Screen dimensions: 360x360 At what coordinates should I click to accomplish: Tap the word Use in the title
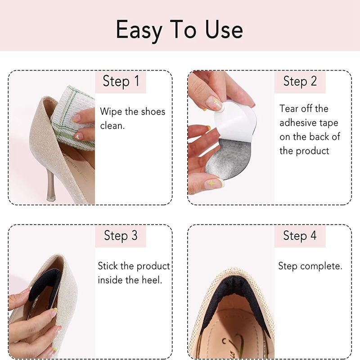(224, 29)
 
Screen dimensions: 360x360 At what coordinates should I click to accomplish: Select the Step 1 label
(121, 81)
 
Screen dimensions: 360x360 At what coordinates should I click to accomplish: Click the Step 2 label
(300, 81)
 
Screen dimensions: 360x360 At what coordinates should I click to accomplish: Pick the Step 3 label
(121, 236)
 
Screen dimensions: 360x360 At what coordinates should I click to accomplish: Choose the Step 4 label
(300, 236)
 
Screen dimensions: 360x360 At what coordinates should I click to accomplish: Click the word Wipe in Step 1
(111, 112)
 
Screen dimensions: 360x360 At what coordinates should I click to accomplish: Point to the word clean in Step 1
(112, 126)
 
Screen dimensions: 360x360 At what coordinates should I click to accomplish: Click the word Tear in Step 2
(289, 109)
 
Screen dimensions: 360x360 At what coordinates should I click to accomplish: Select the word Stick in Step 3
(108, 266)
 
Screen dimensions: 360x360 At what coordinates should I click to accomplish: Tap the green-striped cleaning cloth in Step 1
(73, 117)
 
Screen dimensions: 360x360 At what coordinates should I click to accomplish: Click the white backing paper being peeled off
(235, 120)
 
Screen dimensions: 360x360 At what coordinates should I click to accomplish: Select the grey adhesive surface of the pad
(227, 158)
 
